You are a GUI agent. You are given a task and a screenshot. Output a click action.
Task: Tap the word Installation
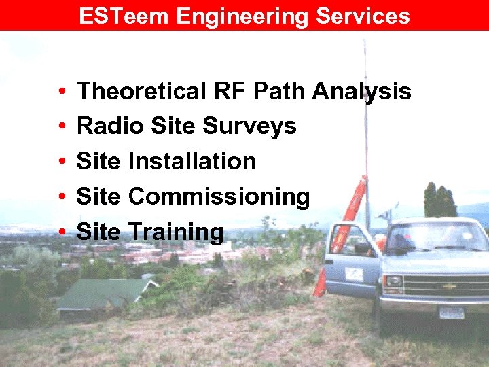(192, 161)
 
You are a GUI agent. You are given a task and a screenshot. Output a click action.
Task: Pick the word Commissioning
(219, 197)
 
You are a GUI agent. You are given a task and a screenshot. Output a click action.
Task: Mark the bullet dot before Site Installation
(62, 162)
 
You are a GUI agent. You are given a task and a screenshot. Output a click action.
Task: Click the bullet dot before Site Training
(62, 232)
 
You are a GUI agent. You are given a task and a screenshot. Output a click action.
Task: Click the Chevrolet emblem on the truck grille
(450, 286)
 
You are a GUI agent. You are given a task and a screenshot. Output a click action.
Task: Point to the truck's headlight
(393, 281)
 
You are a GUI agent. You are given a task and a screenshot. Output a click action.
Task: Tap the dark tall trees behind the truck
(439, 201)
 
